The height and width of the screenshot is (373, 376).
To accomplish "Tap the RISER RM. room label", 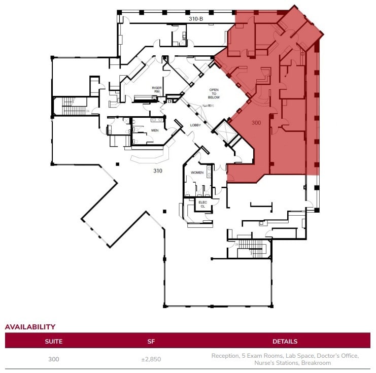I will click(x=157, y=89).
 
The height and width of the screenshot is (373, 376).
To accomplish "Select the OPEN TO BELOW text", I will click(x=214, y=94).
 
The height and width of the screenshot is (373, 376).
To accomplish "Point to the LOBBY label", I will click(x=196, y=124).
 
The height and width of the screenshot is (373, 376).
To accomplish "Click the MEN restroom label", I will click(x=155, y=130).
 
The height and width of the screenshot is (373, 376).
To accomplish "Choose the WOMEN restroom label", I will click(x=197, y=173).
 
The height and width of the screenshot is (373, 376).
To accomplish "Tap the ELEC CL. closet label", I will click(x=202, y=204).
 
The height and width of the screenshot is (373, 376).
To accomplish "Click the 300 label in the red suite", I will click(x=256, y=123).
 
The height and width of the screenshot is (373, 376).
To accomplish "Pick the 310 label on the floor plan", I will click(x=158, y=171).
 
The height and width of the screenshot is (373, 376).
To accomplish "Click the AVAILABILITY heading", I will click(x=30, y=327).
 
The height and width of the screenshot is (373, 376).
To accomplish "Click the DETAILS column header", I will click(x=285, y=341).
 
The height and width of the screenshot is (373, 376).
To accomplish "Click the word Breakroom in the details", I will click(x=315, y=363).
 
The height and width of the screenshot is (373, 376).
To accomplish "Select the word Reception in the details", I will click(x=225, y=356).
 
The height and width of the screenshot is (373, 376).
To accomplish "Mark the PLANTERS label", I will click(x=208, y=106).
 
